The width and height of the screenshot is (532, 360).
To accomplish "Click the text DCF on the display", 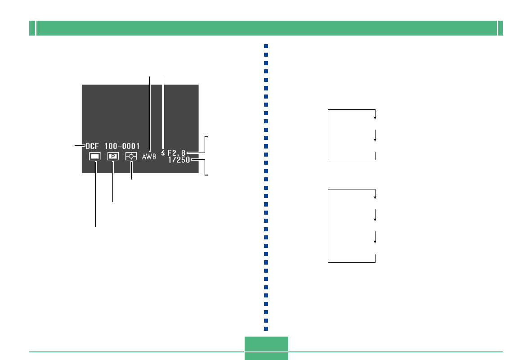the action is (92, 146).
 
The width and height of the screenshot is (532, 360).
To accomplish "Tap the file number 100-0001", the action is (122, 146).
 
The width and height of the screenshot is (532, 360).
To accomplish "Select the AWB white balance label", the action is (149, 157).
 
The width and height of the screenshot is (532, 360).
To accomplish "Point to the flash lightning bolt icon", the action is (163, 153).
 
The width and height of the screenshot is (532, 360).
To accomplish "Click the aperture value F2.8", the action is (176, 153).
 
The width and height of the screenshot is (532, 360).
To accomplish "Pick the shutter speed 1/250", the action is (179, 160).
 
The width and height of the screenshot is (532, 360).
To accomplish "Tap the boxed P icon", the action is (113, 156).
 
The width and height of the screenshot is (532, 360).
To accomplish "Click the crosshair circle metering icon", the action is (131, 156).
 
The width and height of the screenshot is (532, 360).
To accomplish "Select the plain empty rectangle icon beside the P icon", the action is (95, 156).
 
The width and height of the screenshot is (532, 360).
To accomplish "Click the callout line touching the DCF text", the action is (80, 146).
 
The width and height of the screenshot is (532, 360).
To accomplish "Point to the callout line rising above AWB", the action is (150, 114).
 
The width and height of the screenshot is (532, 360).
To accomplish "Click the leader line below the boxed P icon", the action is (112, 182).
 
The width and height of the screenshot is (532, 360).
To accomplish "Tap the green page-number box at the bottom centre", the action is (266, 348).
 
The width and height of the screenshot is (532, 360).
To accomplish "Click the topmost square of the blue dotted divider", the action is (266, 46).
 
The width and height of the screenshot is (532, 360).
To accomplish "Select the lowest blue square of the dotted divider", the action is (266, 329).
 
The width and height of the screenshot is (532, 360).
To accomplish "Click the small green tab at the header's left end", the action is (32, 28).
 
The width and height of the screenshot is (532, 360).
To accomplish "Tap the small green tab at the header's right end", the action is (501, 28).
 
